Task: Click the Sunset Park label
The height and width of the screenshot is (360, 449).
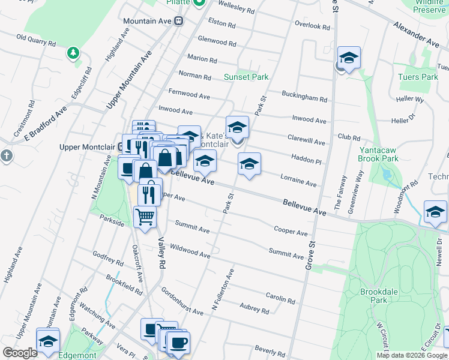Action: click(x=246, y=77)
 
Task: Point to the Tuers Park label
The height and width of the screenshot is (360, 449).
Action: click(x=418, y=77)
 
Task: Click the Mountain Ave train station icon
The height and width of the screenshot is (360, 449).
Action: click(x=178, y=21)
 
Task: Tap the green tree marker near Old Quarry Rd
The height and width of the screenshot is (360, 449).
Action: click(x=73, y=53)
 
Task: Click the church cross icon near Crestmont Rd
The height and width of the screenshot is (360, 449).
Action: click(x=7, y=157)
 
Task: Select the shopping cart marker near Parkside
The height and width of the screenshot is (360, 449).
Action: click(x=145, y=216)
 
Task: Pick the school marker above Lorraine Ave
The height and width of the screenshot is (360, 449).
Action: click(x=250, y=164)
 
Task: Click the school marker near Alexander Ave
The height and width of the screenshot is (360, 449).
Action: click(x=349, y=58)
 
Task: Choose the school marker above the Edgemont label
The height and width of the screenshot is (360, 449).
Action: click(x=48, y=340)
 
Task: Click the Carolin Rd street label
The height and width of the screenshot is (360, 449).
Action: click(x=281, y=298)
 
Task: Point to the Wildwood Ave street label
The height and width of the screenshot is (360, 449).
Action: click(x=190, y=250)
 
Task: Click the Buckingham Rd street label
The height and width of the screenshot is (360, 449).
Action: click(x=305, y=97)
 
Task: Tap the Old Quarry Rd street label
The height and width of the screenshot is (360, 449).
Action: click(x=36, y=40)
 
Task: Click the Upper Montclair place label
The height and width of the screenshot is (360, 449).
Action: click(x=89, y=146)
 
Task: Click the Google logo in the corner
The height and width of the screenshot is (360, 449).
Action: click(x=20, y=353)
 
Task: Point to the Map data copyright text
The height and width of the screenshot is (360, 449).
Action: click(x=411, y=355)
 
